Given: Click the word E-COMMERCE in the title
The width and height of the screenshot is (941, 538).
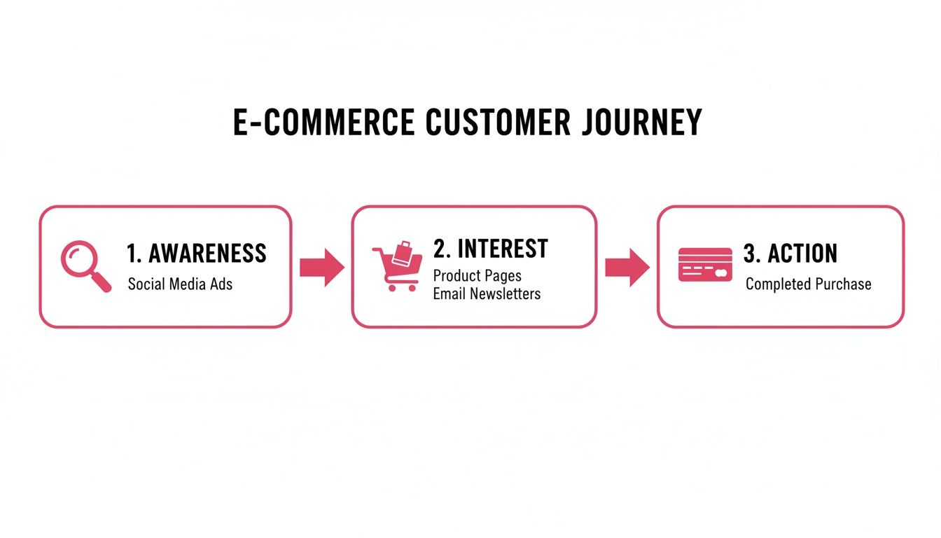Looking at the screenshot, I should click(323, 123).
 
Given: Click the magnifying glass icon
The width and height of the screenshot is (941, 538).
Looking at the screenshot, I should click(85, 265).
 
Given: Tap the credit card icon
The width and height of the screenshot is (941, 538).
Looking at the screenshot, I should click(705, 265).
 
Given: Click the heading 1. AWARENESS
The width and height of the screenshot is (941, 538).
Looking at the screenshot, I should click(197, 253).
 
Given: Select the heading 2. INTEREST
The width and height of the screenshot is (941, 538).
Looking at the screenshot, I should click(490, 249).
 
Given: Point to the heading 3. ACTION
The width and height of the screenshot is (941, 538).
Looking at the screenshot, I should click(790, 254).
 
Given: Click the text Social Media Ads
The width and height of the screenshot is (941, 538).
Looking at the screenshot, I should click(180, 284).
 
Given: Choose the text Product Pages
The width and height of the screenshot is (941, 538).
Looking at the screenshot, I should click(477, 275).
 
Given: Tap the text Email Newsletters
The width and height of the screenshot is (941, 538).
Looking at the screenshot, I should click(487, 294).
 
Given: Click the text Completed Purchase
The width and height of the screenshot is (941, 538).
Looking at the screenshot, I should click(808, 284).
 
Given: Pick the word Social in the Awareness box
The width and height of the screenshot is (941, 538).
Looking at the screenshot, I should click(144, 284).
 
